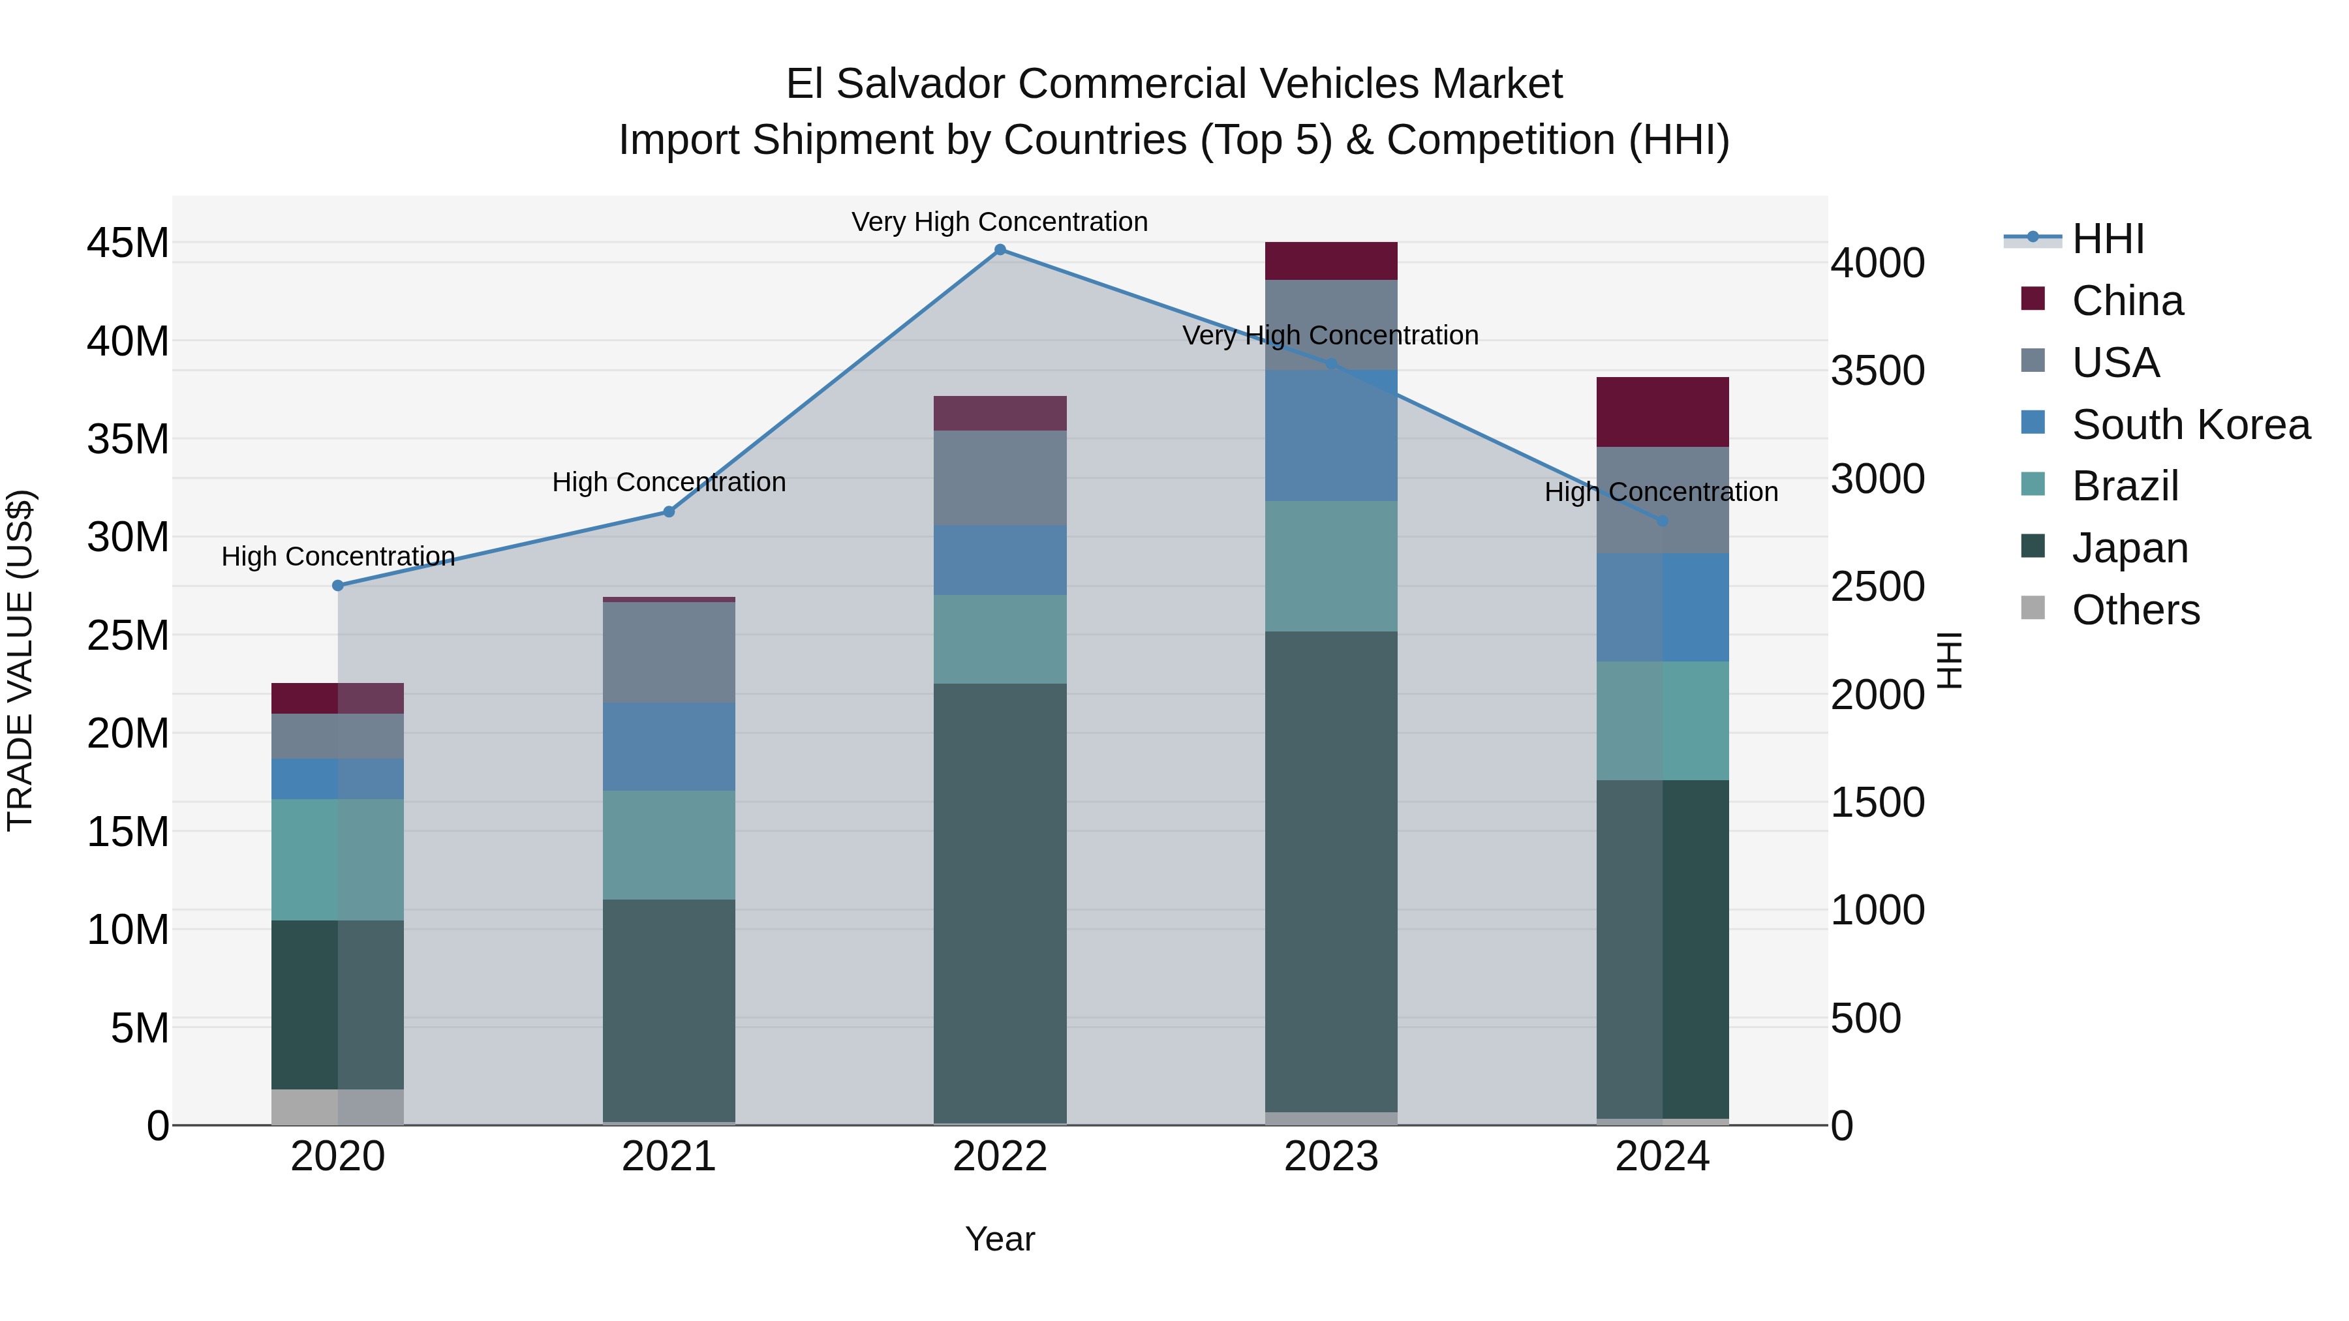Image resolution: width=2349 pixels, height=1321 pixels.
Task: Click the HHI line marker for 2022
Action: point(1000,250)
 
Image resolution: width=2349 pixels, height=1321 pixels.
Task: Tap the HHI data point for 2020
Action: point(337,585)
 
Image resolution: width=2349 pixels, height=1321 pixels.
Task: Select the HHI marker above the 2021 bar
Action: point(668,511)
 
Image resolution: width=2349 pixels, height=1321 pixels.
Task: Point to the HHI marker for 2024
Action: point(1663,521)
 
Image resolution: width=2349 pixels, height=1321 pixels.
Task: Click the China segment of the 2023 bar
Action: point(1330,261)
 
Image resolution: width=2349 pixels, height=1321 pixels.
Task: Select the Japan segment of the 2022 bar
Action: point(1000,903)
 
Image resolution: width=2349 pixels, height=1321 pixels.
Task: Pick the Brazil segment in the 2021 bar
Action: point(668,844)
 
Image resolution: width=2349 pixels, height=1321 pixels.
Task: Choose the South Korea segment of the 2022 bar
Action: point(1000,560)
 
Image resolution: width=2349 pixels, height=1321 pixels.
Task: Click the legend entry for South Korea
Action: point(2190,424)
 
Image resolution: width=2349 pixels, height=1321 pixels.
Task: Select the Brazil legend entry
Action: point(2125,486)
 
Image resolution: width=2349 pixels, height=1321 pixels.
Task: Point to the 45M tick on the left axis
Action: point(128,243)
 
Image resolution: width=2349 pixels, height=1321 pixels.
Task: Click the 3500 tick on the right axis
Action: point(1877,371)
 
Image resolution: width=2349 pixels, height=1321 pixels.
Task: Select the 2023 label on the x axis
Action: point(1330,1157)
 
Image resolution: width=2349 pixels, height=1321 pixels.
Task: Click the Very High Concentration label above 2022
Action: point(1000,222)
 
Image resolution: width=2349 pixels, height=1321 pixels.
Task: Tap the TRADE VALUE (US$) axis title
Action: point(20,660)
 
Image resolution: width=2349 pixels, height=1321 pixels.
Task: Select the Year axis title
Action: point(1000,1239)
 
